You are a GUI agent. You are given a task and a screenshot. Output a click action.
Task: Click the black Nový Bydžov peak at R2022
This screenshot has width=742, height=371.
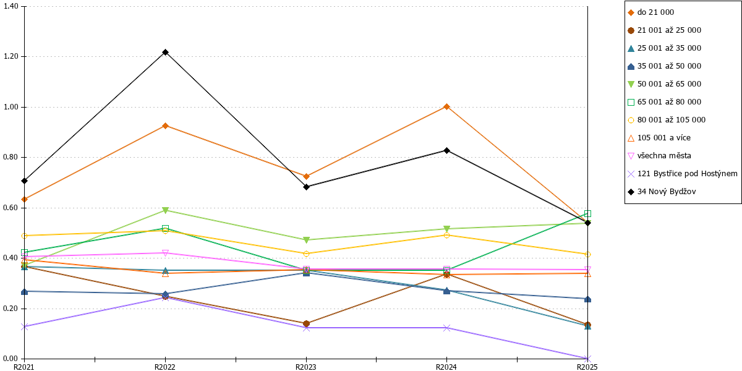[x=165, y=53]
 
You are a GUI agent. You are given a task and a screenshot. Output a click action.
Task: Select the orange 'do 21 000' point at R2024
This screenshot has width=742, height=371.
[x=446, y=106]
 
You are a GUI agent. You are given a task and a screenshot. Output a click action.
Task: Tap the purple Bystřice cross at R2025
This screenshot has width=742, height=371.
[x=587, y=359]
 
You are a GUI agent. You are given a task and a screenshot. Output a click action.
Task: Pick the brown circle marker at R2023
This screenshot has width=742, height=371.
[x=307, y=323]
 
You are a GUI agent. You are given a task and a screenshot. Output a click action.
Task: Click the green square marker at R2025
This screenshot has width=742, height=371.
[x=587, y=214]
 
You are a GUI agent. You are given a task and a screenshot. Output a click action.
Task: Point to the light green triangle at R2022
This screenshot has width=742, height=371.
[x=165, y=210]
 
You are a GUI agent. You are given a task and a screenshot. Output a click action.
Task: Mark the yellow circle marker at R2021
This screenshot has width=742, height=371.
[x=25, y=236]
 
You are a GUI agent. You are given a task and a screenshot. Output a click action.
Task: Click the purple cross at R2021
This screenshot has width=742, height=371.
[x=25, y=326]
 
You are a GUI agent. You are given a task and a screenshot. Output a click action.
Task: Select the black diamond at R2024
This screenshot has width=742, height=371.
[x=446, y=150]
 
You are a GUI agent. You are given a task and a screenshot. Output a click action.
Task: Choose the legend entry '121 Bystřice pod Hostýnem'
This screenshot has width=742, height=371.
[x=683, y=174]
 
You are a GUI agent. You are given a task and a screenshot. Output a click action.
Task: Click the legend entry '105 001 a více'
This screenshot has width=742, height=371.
[x=660, y=138]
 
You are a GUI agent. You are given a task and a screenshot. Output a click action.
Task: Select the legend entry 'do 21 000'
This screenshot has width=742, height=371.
[x=651, y=12]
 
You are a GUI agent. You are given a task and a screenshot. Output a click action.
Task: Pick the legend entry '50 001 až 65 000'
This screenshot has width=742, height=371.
[x=665, y=84]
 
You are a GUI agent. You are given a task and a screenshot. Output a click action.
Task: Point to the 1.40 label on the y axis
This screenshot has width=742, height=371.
[x=11, y=6]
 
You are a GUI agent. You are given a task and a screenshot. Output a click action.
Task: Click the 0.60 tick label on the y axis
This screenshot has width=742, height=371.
[x=11, y=208]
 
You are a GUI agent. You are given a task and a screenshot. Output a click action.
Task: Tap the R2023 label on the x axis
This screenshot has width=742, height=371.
[x=305, y=367]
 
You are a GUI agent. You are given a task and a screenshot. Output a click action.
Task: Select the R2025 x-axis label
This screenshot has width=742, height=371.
[x=587, y=367]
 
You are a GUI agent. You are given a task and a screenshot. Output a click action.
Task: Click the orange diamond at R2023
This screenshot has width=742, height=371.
[x=307, y=177]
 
